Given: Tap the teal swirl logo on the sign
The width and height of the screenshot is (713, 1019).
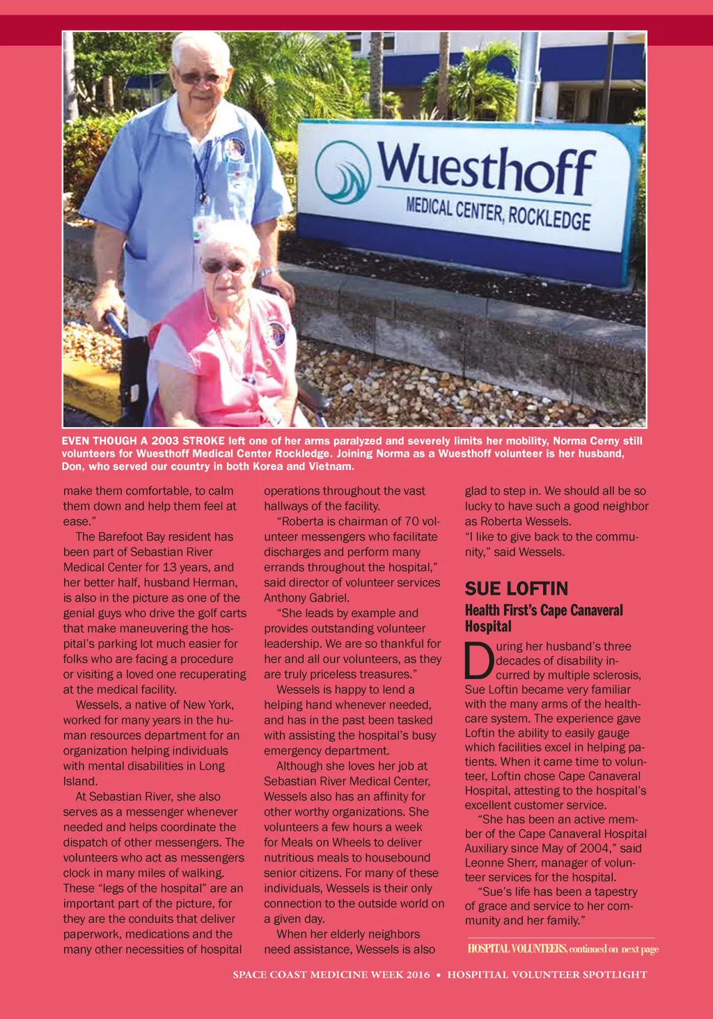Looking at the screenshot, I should coord(343,171).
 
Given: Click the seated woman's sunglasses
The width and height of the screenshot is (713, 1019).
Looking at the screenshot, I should coord(224,266).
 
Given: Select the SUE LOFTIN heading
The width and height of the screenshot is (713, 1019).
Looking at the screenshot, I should coord(517,589).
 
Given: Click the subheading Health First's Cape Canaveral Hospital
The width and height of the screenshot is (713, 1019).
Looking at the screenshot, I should coord(544,618).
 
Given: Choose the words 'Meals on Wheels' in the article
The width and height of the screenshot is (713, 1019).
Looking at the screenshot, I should coord(323,842).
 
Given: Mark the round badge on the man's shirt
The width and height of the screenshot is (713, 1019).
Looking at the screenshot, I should coord(235,148).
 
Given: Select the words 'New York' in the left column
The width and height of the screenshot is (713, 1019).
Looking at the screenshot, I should coord(207,705).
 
